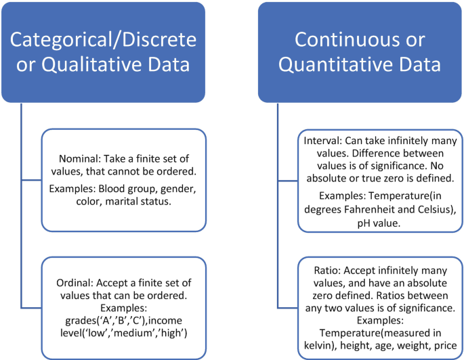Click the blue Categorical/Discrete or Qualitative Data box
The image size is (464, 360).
[x=103, y=51]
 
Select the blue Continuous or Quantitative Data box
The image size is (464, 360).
[x=359, y=51]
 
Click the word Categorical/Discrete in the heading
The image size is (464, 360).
[x=103, y=39]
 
